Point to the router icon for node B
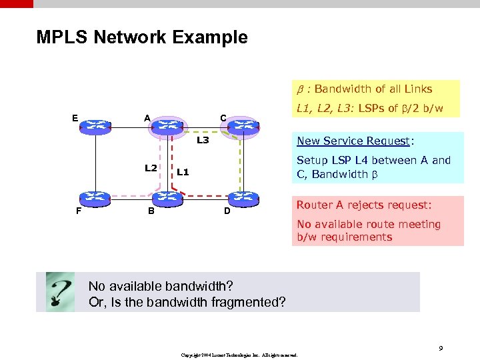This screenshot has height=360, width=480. click(x=165, y=197)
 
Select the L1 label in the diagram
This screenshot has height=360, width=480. click(x=183, y=172)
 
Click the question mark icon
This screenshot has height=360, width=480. click(x=60, y=292)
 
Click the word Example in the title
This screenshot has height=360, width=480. click(x=212, y=37)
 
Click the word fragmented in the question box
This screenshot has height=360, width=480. click(x=251, y=302)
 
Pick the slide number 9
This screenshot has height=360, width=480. click(x=441, y=347)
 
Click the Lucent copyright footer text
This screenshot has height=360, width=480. click(x=239, y=355)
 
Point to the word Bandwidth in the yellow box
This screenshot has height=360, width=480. click(x=345, y=89)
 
